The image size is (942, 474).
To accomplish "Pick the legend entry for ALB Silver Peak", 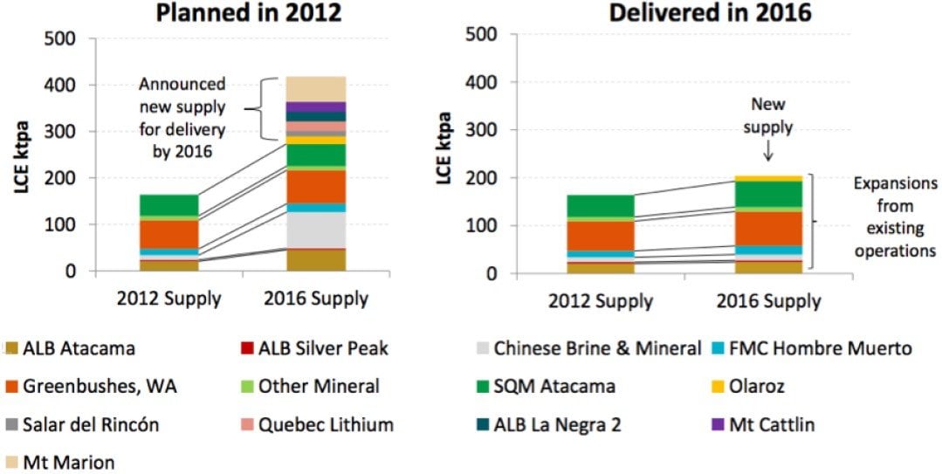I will coord(323,348).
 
